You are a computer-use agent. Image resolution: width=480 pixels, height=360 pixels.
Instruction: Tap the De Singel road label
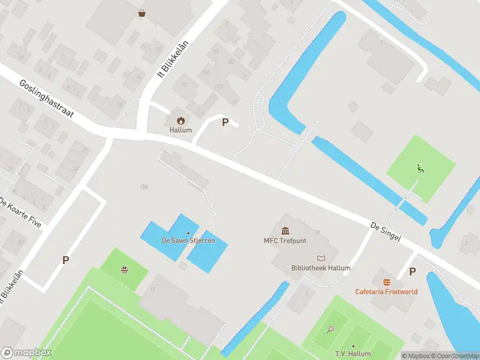(385, 233)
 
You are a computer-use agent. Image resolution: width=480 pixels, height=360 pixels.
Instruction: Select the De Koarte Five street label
(21, 212)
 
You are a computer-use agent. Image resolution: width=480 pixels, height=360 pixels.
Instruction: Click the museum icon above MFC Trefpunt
(285, 231)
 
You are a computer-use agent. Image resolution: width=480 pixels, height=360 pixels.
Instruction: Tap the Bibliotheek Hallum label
(320, 268)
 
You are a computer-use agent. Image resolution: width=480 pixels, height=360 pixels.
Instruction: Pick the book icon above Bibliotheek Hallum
(320, 257)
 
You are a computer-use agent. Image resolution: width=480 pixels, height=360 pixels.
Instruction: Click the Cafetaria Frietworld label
(386, 292)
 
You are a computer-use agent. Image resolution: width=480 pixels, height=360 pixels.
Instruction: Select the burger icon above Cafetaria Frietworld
(386, 281)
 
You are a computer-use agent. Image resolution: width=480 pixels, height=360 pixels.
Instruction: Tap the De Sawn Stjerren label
(188, 241)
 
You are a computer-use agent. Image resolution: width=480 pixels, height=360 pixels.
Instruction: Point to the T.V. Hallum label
(353, 354)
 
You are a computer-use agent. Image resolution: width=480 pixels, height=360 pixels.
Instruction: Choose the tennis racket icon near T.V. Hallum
(330, 329)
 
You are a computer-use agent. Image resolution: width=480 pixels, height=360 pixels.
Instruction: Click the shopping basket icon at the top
(142, 13)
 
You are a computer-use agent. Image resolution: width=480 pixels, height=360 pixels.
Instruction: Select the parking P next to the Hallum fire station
(225, 122)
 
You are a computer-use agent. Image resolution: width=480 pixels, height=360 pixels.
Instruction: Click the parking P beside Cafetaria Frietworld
(412, 271)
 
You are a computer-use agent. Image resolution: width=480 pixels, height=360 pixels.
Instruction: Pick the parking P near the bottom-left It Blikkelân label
(65, 260)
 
